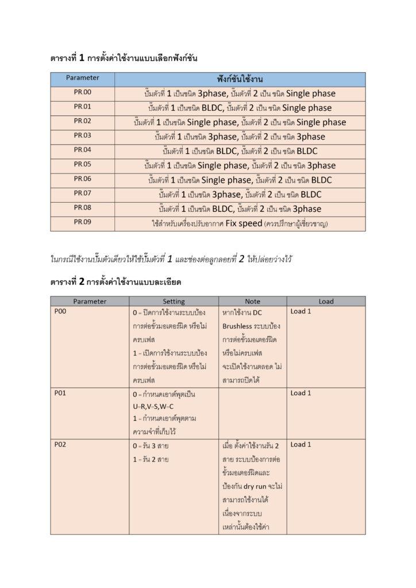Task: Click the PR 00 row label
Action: [82, 92]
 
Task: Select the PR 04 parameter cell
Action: [82, 150]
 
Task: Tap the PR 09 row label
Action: [82, 222]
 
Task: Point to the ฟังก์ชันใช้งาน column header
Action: [240, 79]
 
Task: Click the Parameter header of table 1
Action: [82, 78]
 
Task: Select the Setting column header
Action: [174, 301]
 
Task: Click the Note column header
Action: [252, 301]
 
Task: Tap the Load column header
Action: [326, 301]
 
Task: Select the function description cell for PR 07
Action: [240, 194]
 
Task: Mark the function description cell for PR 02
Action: [240, 122]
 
